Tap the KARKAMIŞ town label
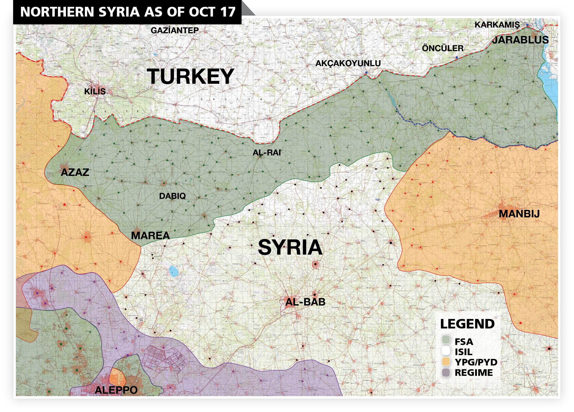pos(497,25)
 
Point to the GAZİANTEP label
pos(175,30)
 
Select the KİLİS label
pos(95,91)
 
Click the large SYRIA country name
pos(290,247)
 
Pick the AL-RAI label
pos(266,153)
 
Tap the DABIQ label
pos(172,196)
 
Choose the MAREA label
pos(150,236)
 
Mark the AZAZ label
pos(75,172)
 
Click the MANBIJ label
pos(519,214)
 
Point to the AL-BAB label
pos(305,302)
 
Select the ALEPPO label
pos(116,390)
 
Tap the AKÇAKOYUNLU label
pos(348,63)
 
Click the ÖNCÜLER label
pos(443,48)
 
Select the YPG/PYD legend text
pos(476,362)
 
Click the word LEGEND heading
pos(467,324)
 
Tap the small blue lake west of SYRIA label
pos(174,271)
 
